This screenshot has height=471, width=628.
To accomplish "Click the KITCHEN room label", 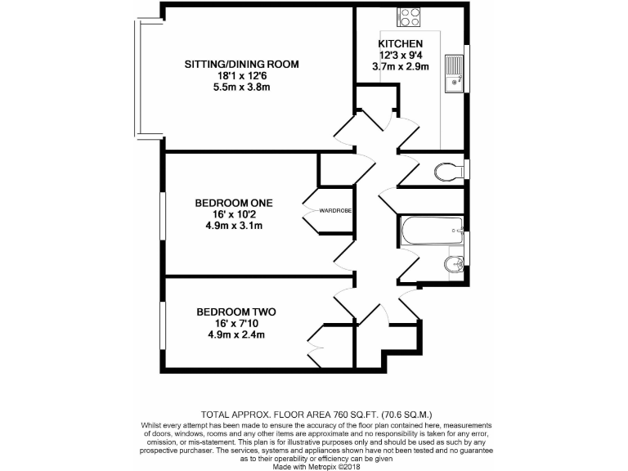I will tap(400, 43).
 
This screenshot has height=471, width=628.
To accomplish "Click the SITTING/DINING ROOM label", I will tap(241, 64).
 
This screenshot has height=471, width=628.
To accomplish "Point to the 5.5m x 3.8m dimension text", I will tap(241, 87).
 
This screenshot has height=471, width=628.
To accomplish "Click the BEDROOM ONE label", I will tap(233, 203).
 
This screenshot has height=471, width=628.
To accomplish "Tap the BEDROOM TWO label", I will tap(235, 312).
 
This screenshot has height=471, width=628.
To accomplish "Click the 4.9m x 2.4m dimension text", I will tap(235, 334).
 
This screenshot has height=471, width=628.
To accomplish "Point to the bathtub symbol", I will tap(431, 230).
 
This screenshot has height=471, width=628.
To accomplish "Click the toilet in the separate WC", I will tap(446, 172).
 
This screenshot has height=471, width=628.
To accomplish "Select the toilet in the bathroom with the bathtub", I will tap(452, 263).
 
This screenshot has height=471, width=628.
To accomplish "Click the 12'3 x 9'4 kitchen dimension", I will tap(400, 55).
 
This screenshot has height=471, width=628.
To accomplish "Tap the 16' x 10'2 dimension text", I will tap(233, 214).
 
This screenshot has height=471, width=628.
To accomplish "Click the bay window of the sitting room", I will tap(138, 78).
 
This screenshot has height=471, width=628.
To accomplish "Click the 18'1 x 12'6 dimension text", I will tap(241, 75).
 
